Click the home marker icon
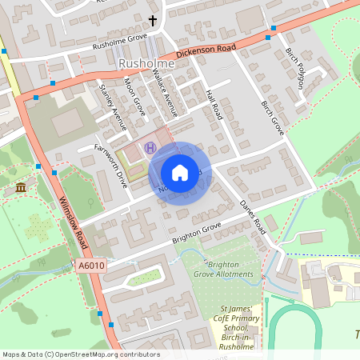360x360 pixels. pyautogui.click(x=179, y=172)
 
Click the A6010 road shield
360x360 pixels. pyautogui.click(x=91, y=265)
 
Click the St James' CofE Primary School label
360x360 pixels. pyautogui.click(x=239, y=323)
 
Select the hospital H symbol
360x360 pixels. pyautogui.click(x=150, y=146)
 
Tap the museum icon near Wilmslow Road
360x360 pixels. pyautogui.click(x=20, y=187)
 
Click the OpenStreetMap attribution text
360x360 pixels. pyautogui.click(x=80, y=354)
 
